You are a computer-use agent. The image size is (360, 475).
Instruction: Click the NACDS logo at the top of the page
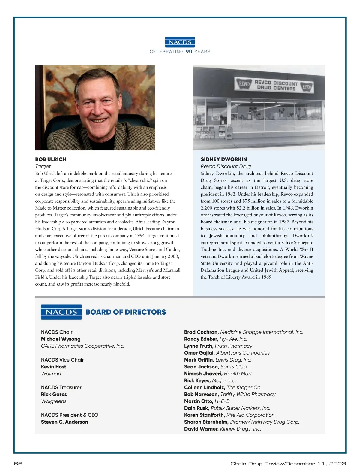(x=180, y=42)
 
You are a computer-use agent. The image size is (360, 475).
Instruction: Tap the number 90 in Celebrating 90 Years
(x=189, y=51)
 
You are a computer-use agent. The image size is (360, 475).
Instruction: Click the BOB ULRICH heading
(x=51, y=159)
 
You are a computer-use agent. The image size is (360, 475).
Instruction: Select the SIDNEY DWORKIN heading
(x=224, y=159)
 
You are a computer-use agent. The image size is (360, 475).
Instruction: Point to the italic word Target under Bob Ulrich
(x=43, y=166)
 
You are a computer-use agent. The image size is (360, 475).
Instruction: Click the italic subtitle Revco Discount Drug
(x=226, y=166)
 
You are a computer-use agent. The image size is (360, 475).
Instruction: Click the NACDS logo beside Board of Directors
(x=61, y=312)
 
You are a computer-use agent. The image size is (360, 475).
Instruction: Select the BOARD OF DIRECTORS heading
(x=126, y=312)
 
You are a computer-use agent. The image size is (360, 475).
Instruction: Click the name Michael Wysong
(x=61, y=339)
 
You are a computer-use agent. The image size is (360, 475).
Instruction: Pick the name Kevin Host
(x=53, y=367)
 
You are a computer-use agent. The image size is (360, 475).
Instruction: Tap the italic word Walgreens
(x=54, y=401)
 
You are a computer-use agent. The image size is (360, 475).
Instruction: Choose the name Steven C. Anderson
(x=64, y=422)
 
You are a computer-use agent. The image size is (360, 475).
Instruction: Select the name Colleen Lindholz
(x=205, y=387)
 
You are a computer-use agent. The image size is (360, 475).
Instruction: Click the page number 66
(x=18, y=464)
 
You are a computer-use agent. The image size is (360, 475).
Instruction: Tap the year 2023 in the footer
(x=337, y=464)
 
